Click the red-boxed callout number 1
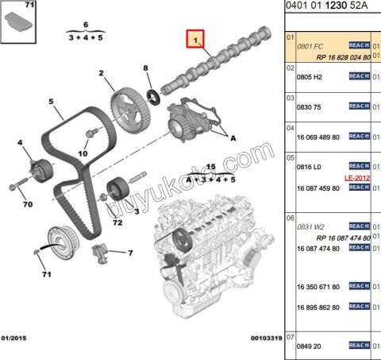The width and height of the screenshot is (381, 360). [194, 39]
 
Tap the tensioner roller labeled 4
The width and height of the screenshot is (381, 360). [36, 169]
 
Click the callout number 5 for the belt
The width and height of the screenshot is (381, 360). [50, 102]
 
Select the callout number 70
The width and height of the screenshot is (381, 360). [28, 205]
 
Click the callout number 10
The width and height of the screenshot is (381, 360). [83, 153]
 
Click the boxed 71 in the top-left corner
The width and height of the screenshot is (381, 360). [29, 6]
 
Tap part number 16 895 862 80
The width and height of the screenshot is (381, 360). [319, 307]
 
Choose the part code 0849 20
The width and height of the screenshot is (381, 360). [310, 346]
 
